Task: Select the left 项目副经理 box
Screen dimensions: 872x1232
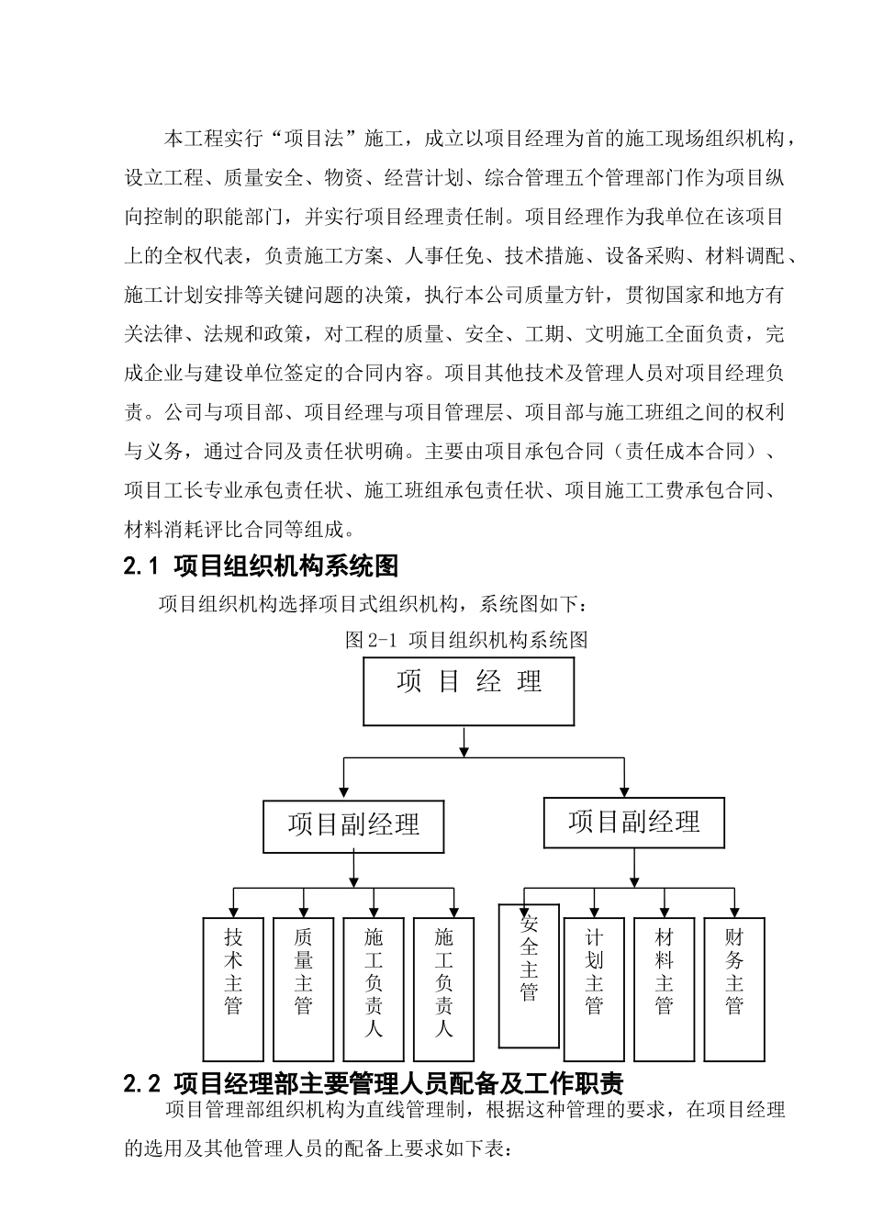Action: tap(353, 825)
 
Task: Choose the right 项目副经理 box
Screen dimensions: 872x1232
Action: tap(633, 822)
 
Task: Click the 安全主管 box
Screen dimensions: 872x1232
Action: tap(529, 975)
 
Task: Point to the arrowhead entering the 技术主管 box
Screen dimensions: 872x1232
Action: tap(233, 912)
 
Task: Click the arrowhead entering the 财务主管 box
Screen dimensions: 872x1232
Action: tap(734, 912)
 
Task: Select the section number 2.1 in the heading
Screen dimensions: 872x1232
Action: tap(141, 567)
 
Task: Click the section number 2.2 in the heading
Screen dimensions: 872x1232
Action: tap(141, 1083)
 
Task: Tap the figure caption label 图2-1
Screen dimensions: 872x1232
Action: tap(369, 640)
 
